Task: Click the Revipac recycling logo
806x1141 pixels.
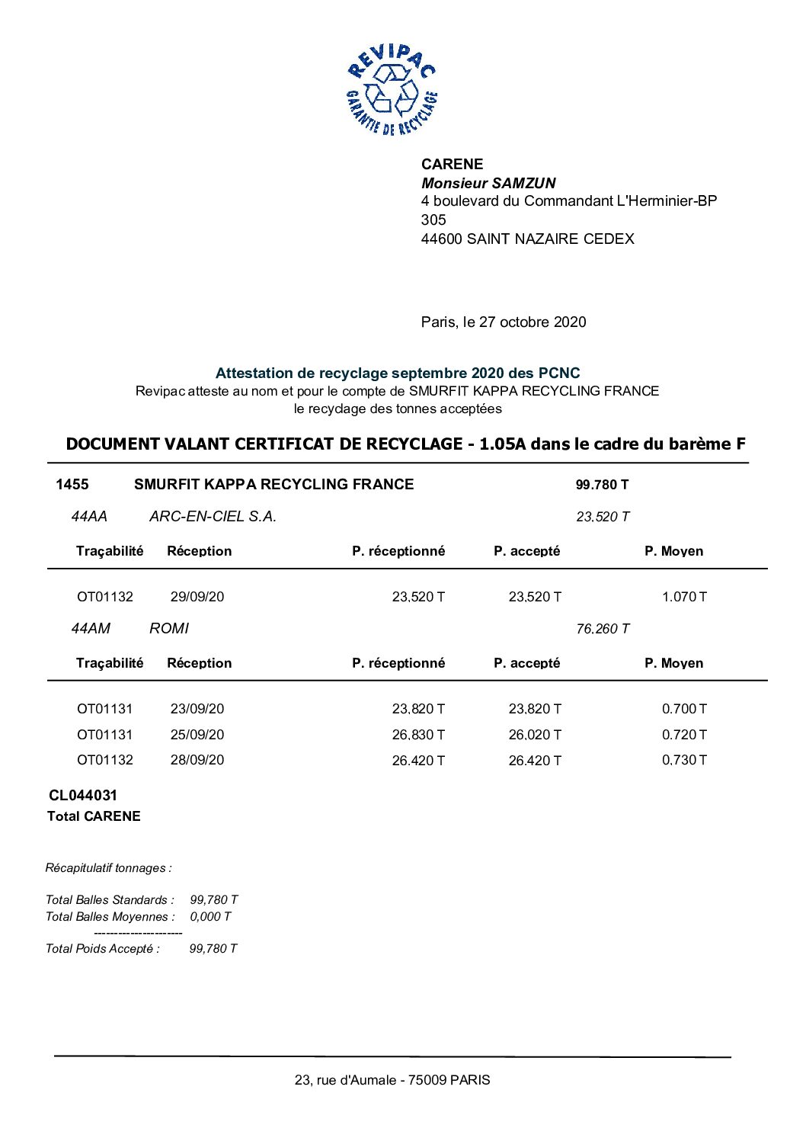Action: click(392, 90)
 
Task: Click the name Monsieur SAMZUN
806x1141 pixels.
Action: click(488, 183)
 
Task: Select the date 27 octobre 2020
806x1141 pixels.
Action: click(533, 322)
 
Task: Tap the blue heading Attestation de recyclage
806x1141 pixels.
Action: click(397, 373)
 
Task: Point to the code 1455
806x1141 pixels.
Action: click(72, 485)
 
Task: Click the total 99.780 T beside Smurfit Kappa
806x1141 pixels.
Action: click(602, 485)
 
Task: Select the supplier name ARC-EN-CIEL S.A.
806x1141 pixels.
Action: click(213, 517)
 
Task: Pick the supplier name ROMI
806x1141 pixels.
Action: click(169, 629)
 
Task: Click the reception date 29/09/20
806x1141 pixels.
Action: click(197, 597)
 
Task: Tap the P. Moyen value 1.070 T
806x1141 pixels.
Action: click(683, 597)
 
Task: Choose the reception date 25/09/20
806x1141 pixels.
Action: click(197, 735)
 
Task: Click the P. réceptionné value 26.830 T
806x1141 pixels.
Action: click(418, 735)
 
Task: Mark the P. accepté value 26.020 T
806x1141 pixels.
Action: click(535, 735)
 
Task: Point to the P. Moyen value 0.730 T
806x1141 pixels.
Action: click(683, 760)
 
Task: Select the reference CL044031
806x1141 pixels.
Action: click(83, 796)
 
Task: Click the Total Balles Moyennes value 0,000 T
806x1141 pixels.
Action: click(210, 917)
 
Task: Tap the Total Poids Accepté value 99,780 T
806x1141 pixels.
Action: click(213, 949)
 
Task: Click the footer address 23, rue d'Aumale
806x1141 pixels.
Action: click(392, 1080)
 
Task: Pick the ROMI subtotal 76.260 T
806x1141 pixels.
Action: click(603, 629)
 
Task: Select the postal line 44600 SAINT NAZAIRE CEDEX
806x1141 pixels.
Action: click(527, 239)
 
